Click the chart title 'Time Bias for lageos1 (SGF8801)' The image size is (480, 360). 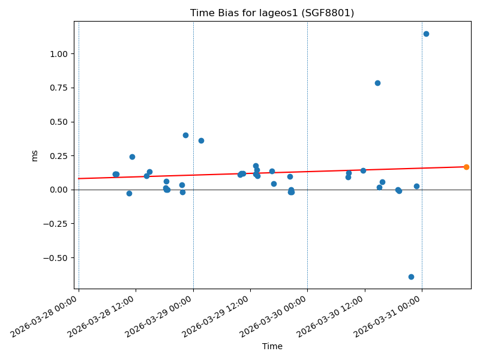[x=272, y=13]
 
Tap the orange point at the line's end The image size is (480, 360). [x=466, y=167]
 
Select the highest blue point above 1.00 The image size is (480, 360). [x=426, y=34]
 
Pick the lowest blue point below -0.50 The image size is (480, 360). [x=411, y=277]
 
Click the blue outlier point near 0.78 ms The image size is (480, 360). [x=377, y=83]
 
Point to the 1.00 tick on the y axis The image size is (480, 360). [x=58, y=54]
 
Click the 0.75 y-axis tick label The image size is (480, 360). [x=58, y=88]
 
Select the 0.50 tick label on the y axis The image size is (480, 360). [x=58, y=122]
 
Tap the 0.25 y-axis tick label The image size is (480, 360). [x=58, y=156]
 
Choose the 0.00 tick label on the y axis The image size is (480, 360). [x=58, y=190]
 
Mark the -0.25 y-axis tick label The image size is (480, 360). [x=56, y=224]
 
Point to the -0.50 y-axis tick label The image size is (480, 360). [x=56, y=258]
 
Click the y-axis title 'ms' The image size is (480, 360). [x=35, y=155]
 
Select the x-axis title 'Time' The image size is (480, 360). [x=272, y=346]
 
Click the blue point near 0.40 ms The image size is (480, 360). [x=185, y=135]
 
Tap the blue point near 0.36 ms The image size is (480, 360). [x=201, y=140]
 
